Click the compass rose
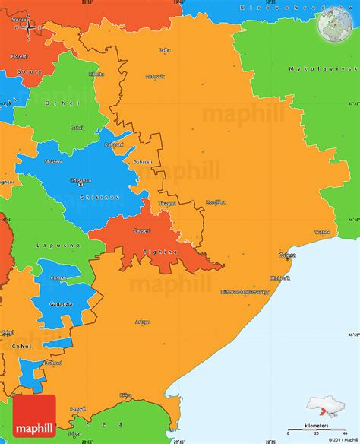pos(28,27)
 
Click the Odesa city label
pos(287,255)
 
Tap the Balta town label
pos(164,50)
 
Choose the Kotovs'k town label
pos(155,76)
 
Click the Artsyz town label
pos(142,322)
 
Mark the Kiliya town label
pos(125,395)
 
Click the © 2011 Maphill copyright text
pos(339,439)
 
